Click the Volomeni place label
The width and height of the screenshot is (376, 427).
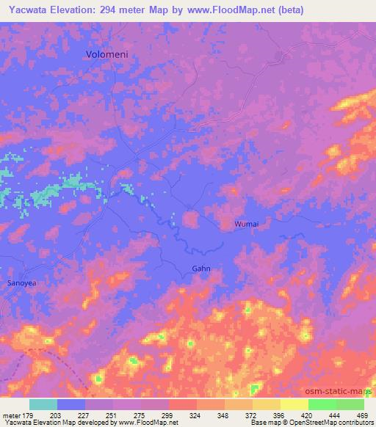click(109, 54)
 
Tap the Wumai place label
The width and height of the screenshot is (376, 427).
click(247, 223)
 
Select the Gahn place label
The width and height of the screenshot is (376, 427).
click(201, 269)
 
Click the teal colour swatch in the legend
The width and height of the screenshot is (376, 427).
click(43, 404)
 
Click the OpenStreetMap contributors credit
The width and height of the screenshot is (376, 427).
click(328, 423)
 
